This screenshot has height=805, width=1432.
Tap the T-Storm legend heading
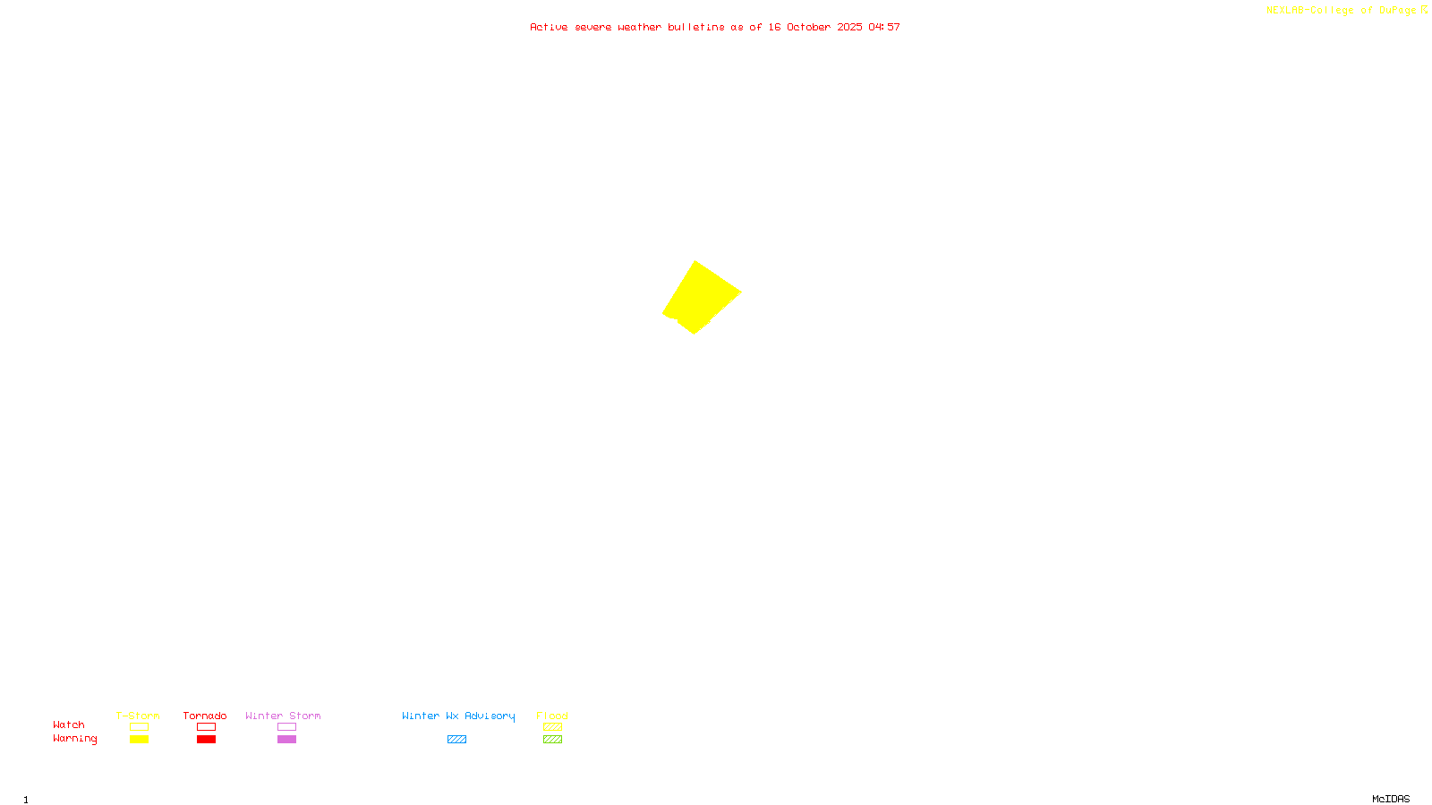[x=138, y=716]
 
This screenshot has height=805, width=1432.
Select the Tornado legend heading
[x=205, y=716]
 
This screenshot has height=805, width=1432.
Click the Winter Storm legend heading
[x=283, y=716]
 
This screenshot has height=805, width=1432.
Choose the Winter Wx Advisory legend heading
[x=458, y=716]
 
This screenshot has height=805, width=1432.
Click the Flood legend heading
[x=552, y=716]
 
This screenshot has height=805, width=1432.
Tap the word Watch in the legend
[x=69, y=724]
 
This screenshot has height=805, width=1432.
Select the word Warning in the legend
[x=75, y=739]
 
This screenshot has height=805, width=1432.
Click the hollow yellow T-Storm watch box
[x=139, y=727]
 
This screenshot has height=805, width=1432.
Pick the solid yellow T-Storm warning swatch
[x=139, y=740]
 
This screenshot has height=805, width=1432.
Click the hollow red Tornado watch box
[x=206, y=727]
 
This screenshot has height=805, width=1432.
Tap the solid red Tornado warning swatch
[x=206, y=740]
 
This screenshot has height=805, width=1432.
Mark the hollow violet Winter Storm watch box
[x=286, y=727]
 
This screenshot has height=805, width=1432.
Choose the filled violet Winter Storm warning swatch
[x=286, y=740]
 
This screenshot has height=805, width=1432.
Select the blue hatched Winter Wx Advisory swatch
[x=456, y=740]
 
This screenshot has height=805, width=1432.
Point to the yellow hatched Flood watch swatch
[x=552, y=727]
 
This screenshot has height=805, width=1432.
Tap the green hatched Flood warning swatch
[x=552, y=740]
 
